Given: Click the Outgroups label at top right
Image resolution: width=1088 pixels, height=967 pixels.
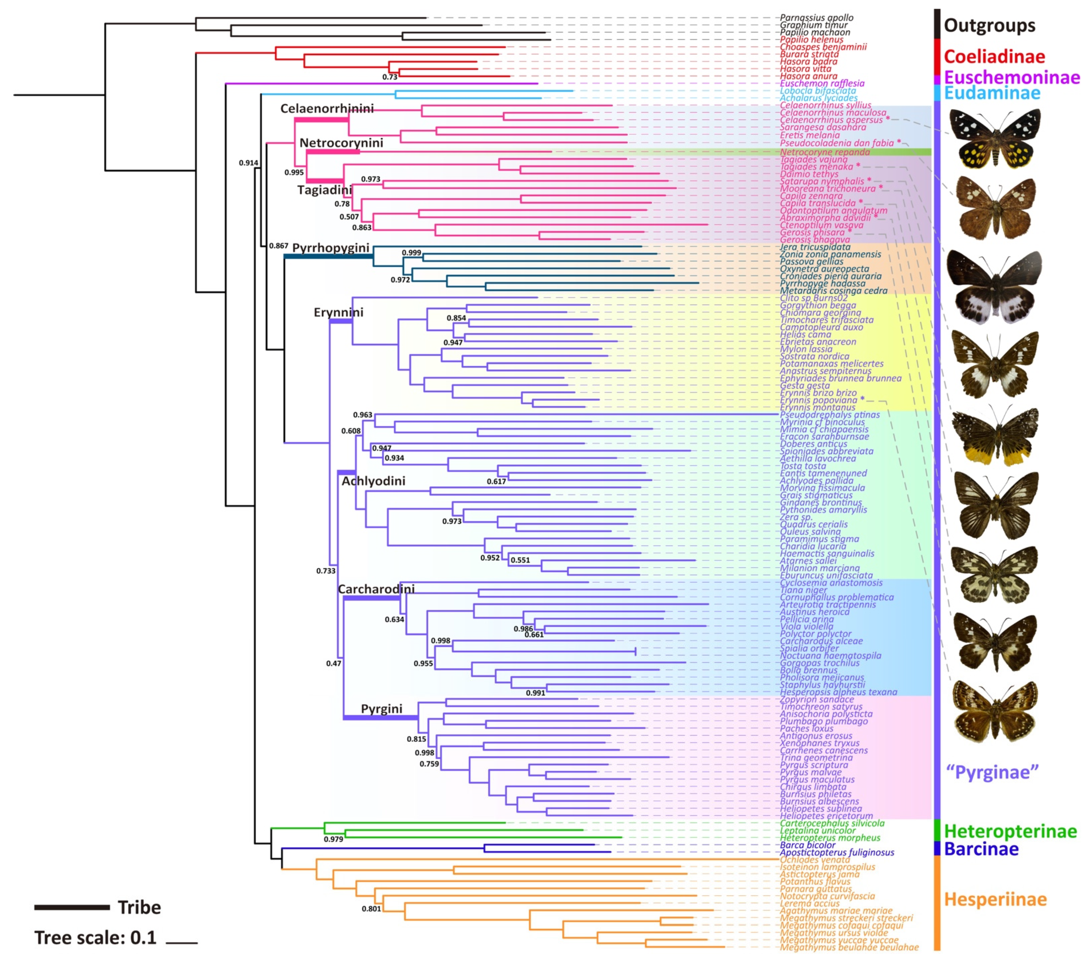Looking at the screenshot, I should coord(989,25).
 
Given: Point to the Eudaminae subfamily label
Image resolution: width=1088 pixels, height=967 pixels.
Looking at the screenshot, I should coord(992,93).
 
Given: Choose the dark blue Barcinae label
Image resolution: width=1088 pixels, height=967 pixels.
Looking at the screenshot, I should coord(981,849).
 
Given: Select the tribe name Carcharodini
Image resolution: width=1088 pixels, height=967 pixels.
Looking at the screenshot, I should coord(376,589).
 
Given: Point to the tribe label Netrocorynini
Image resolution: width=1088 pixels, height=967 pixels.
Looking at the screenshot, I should coord(341,143).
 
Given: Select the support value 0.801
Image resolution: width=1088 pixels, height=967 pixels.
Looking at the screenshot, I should coord(371,909).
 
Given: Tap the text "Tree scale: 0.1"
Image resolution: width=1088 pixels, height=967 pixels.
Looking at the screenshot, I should coord(95,938).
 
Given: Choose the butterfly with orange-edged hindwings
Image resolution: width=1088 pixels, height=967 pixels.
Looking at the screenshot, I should coord(994,434).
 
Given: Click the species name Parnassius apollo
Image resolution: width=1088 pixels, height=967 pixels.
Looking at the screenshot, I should coord(816,17).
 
